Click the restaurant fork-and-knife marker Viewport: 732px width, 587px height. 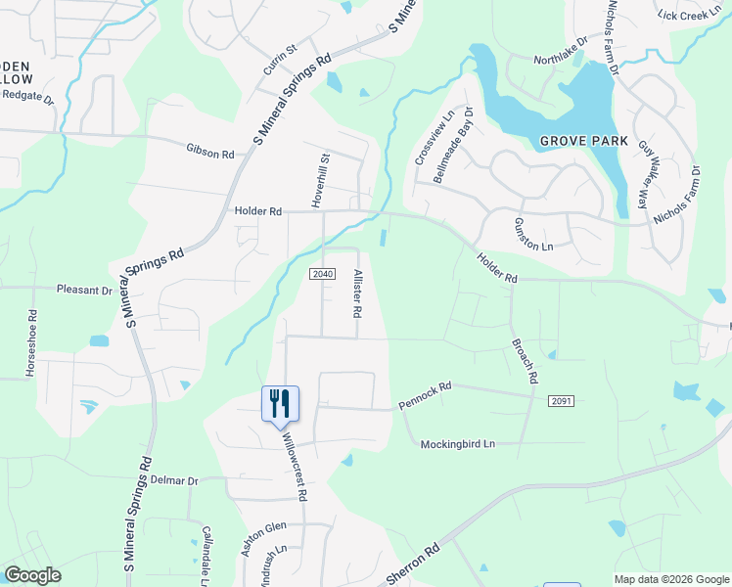280,403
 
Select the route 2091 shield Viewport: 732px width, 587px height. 561,401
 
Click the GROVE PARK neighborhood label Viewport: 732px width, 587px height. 584,142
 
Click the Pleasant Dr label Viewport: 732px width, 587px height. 84,290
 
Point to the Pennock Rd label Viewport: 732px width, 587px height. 425,395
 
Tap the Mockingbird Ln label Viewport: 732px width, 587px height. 458,444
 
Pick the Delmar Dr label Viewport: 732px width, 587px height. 174,481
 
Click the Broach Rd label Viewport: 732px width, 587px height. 524,361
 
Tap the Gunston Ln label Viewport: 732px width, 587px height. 533,235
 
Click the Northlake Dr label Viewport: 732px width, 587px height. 560,59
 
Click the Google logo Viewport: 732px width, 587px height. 32,575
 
